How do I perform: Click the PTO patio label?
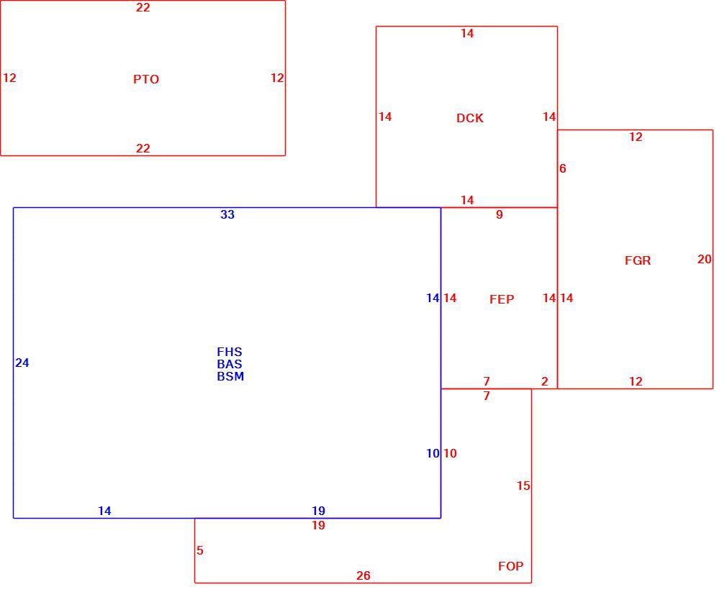(146, 79)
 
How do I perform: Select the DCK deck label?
(470, 118)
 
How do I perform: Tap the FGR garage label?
(638, 260)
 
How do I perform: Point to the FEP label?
(502, 299)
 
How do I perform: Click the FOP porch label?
(510, 566)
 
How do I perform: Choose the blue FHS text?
(230, 352)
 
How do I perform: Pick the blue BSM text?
(230, 376)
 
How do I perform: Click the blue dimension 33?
(227, 214)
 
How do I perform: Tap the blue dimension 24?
(22, 363)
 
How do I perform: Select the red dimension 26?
(363, 575)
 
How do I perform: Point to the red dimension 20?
(704, 259)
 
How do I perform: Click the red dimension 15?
(523, 486)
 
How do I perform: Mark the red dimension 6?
(562, 168)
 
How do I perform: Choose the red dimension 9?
(500, 214)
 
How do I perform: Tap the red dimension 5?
(200, 550)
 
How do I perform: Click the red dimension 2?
(545, 381)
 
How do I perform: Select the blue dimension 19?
(318, 511)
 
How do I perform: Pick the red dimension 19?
(318, 525)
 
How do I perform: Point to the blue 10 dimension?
(433, 453)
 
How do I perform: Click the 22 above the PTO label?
(143, 7)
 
